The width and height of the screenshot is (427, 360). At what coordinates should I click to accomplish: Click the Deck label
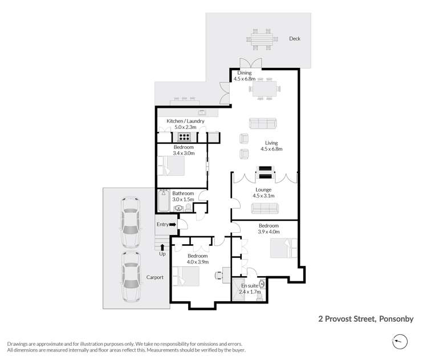point(294,39)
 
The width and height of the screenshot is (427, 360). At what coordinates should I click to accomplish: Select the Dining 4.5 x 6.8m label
point(245,76)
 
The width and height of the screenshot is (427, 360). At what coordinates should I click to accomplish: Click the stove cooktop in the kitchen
point(185,136)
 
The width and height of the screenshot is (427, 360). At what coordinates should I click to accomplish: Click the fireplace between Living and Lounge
point(266,173)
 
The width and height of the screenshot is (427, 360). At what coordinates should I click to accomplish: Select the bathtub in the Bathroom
point(165,201)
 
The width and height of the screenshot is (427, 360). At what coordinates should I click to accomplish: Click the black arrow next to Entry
point(173,225)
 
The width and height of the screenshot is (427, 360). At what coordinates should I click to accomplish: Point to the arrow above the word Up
point(163,247)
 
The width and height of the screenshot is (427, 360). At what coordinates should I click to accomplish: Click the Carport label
point(154,277)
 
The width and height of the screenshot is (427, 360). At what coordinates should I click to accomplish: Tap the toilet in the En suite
point(262,284)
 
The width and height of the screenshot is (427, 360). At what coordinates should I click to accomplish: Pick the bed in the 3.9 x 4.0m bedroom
point(282,246)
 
